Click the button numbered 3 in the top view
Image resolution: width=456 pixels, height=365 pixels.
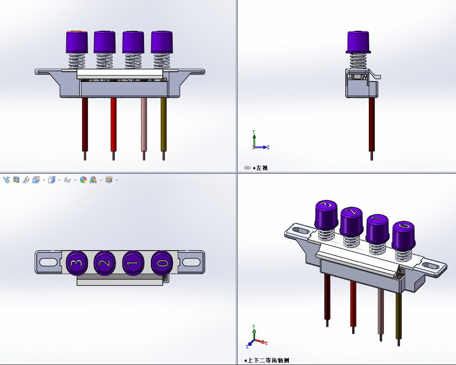tap(77, 263)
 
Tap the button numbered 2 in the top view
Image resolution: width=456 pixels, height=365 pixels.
tap(105, 263)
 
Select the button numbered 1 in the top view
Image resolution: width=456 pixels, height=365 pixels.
tap(133, 263)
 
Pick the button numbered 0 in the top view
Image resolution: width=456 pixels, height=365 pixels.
tap(162, 263)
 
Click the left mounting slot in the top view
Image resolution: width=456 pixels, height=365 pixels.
tap(48, 262)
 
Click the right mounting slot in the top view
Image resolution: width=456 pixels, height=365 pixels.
tap(191, 262)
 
